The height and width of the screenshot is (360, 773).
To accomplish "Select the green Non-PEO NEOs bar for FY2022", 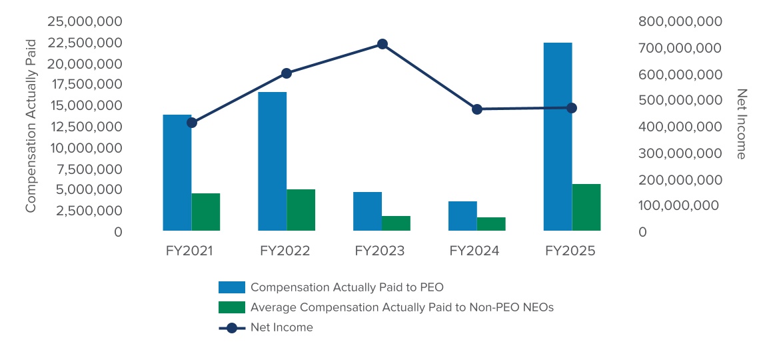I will pyautogui.click(x=301, y=210).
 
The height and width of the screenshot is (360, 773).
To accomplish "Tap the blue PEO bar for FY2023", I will pyautogui.click(x=367, y=211).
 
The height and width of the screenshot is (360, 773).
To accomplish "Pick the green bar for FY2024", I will pyautogui.click(x=491, y=224).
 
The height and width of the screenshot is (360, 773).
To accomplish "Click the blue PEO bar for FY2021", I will pyautogui.click(x=177, y=173).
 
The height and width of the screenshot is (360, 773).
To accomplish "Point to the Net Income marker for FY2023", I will pyautogui.click(x=383, y=44).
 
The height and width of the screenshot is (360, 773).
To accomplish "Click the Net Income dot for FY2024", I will pyautogui.click(x=477, y=109).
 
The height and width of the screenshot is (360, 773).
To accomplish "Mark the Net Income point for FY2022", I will pyautogui.click(x=287, y=73).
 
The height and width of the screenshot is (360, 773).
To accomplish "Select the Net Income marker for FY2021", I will pyautogui.click(x=192, y=123).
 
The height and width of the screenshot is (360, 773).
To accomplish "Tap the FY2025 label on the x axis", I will pyautogui.click(x=570, y=251).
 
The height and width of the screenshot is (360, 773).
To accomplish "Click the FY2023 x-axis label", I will pyautogui.click(x=380, y=251).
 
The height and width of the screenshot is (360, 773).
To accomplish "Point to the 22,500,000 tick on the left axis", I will pyautogui.click(x=85, y=43).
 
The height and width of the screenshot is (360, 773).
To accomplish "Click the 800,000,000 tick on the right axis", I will pyautogui.click(x=680, y=21).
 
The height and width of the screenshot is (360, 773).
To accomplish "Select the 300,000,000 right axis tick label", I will pyautogui.click(x=680, y=153).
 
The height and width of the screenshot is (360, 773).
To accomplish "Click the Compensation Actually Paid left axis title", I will pyautogui.click(x=30, y=126).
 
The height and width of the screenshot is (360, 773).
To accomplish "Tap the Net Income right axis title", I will pyautogui.click(x=741, y=124).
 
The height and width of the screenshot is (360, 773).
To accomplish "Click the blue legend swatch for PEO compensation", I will pyautogui.click(x=232, y=287).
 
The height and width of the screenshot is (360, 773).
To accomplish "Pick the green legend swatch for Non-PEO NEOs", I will pyautogui.click(x=232, y=307).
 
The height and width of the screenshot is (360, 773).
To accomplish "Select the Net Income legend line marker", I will pyautogui.click(x=232, y=327).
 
